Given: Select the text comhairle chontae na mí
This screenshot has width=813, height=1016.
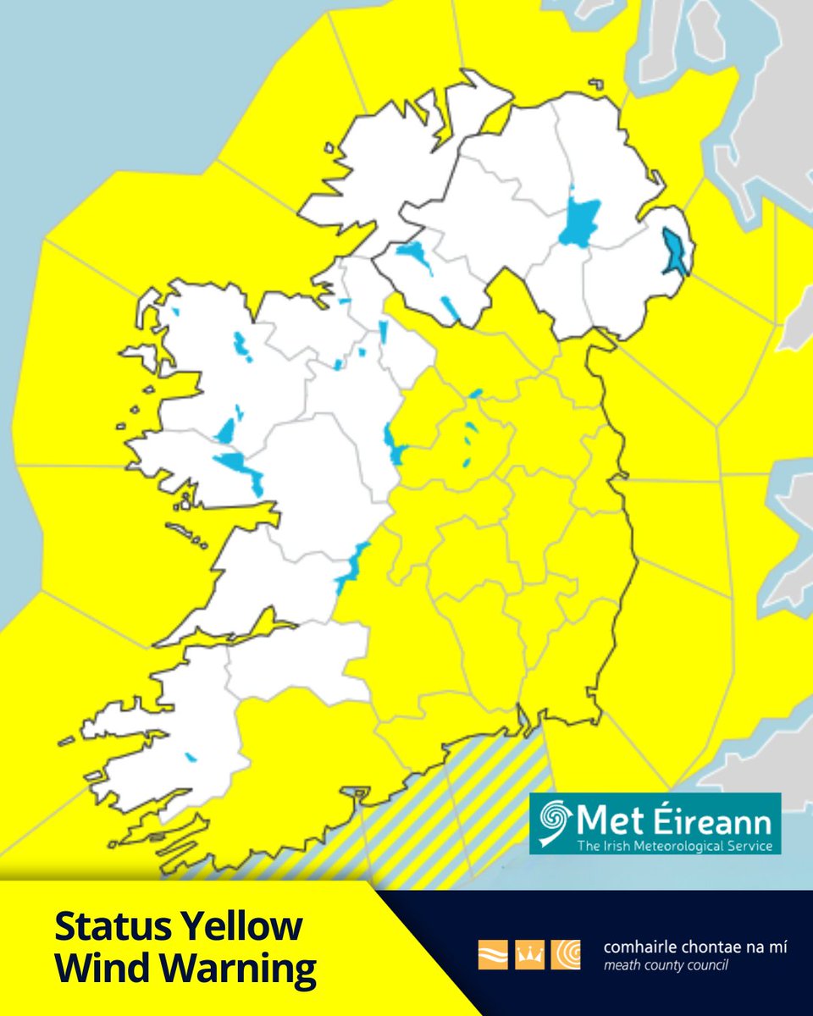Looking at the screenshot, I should pyautogui.click(x=683, y=947).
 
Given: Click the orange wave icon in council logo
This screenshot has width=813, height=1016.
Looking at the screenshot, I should pyautogui.click(x=492, y=954).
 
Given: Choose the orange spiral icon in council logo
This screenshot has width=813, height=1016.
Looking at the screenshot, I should pyautogui.click(x=565, y=954).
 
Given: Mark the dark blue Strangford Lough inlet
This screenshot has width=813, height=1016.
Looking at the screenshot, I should pyautogui.click(x=675, y=252).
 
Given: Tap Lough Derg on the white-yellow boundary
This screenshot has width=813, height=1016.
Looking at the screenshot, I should pyautogui.click(x=351, y=566).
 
